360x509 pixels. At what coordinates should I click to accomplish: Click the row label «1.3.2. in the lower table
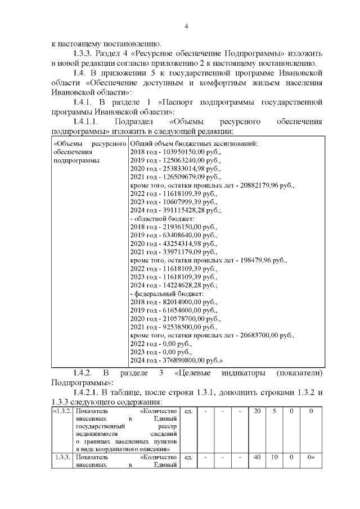61,411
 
